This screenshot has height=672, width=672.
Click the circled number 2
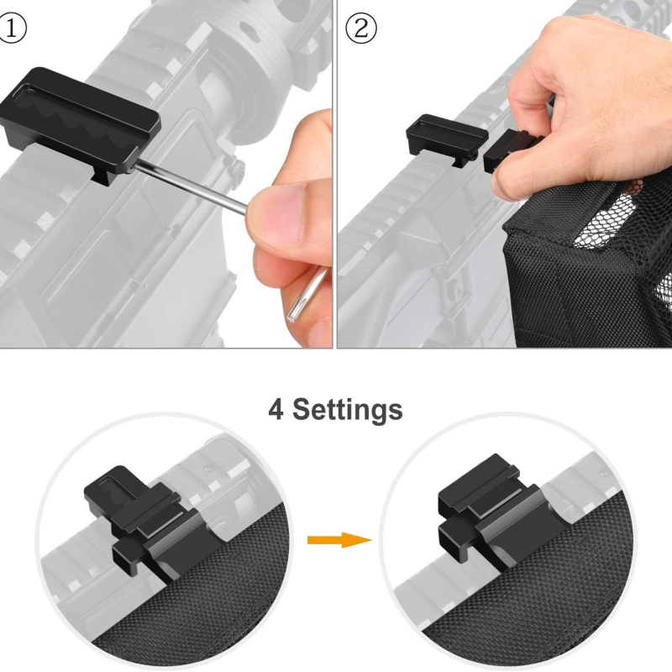(361, 29)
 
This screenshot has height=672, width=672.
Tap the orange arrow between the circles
(339, 540)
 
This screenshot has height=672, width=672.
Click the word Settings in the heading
(348, 410)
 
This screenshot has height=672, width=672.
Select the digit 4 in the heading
(276, 409)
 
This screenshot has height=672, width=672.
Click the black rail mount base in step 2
(447, 137)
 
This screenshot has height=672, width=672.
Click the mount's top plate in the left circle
(113, 489)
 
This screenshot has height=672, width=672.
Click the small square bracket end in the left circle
(127, 557)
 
